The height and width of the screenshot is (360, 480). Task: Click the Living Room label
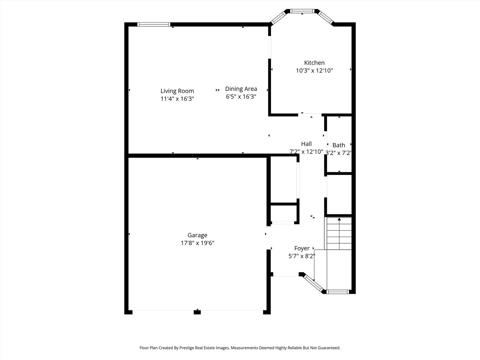click(x=177, y=91)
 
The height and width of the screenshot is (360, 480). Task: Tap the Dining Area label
click(x=241, y=89)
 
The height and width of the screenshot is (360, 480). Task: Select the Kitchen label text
click(x=314, y=63)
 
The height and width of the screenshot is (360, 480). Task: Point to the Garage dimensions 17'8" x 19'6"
click(x=197, y=243)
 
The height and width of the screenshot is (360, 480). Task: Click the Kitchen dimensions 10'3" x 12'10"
click(x=314, y=71)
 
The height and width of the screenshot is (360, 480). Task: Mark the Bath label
click(x=339, y=145)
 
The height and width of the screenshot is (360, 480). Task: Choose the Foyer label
click(x=302, y=248)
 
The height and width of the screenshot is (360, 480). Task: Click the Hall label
click(x=306, y=144)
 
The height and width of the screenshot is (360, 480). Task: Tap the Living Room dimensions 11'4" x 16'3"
click(x=177, y=99)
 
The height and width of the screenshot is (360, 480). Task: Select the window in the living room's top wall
click(x=154, y=24)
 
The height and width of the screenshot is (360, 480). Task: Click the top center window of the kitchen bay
click(x=302, y=11)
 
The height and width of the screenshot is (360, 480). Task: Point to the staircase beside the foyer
click(x=339, y=233)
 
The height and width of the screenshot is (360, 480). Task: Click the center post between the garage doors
click(x=197, y=312)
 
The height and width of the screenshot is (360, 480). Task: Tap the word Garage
click(x=197, y=235)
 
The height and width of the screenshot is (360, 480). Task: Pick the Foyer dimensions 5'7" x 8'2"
click(x=302, y=256)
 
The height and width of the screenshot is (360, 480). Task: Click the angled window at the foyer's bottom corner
click(x=314, y=283)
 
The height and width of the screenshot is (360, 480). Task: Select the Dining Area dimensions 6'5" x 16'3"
click(x=241, y=97)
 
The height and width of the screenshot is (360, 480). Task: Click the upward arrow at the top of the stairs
click(x=339, y=219)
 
